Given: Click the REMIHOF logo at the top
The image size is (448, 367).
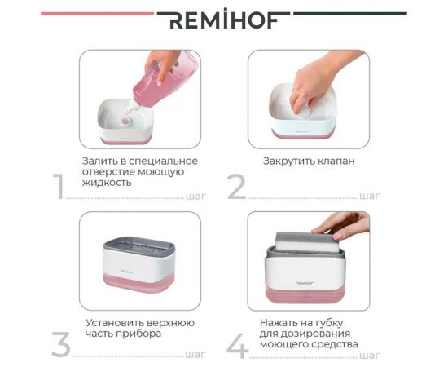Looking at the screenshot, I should (223, 20).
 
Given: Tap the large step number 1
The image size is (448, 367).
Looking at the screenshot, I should (59, 187).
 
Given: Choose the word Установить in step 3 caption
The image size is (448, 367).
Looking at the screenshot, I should (114, 321).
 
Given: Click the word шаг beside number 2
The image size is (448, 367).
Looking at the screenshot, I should (369, 196).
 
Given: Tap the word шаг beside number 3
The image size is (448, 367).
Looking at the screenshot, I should (195, 354).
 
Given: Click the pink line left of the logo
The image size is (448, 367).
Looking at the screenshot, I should (97, 13).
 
